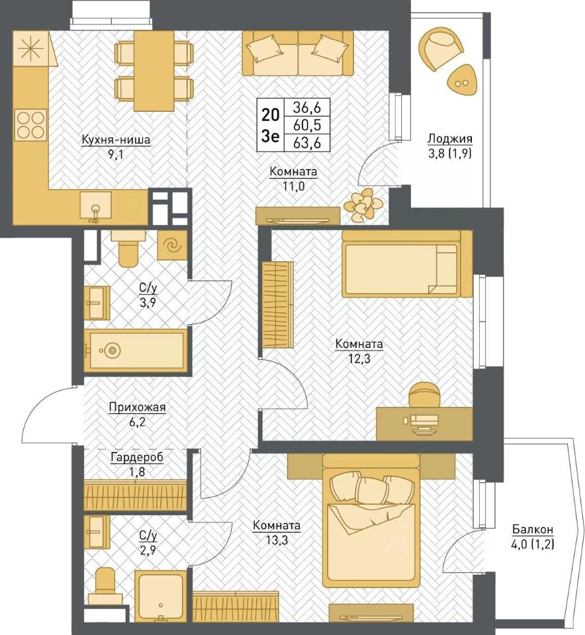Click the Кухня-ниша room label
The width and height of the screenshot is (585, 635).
116,140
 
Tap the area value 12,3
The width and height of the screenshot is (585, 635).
359,359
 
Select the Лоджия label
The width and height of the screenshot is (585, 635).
450,139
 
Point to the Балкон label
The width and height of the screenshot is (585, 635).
533,529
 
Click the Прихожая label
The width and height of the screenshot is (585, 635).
138,407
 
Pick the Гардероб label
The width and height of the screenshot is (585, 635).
137,457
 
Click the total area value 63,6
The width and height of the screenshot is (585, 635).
307,143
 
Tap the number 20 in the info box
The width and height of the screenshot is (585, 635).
270,115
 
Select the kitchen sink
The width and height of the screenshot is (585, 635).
95,206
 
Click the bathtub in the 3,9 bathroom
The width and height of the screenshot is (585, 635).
136,351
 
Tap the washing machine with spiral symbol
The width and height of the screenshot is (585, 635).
172,245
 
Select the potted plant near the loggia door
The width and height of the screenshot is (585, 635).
362,205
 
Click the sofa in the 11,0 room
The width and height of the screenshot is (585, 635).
298,54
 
